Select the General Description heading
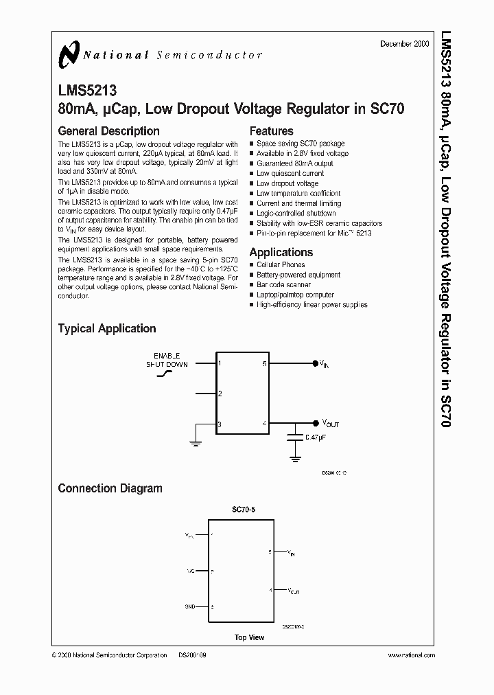tap(108, 131)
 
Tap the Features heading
tap(271, 131)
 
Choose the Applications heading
tap(281, 252)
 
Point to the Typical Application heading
tap(106, 329)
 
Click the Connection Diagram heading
tap(110, 489)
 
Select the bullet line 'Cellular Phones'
tap(281, 264)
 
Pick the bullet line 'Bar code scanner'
tap(283, 284)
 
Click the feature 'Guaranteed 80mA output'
tap(295, 163)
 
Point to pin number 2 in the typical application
tap(220, 394)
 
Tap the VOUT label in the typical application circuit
tap(330, 423)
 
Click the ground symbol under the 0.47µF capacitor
tap(295, 457)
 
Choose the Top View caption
tap(249, 637)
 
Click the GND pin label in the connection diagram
tap(190, 607)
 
